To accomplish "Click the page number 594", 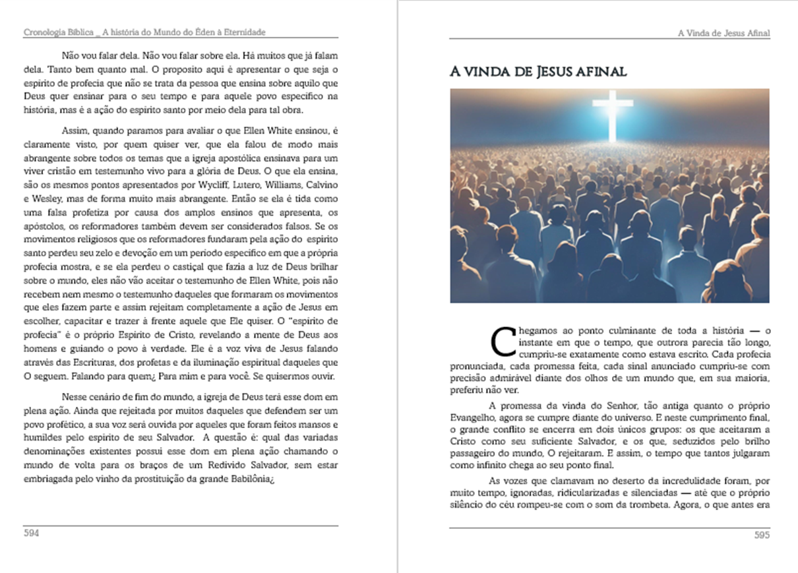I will click(31, 533).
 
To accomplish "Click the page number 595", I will click(762, 535).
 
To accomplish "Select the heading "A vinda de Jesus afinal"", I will click(537, 71).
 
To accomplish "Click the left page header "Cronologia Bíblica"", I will click(55, 32).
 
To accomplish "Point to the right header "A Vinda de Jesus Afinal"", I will click(723, 33).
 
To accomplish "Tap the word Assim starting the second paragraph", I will click(74, 129).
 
